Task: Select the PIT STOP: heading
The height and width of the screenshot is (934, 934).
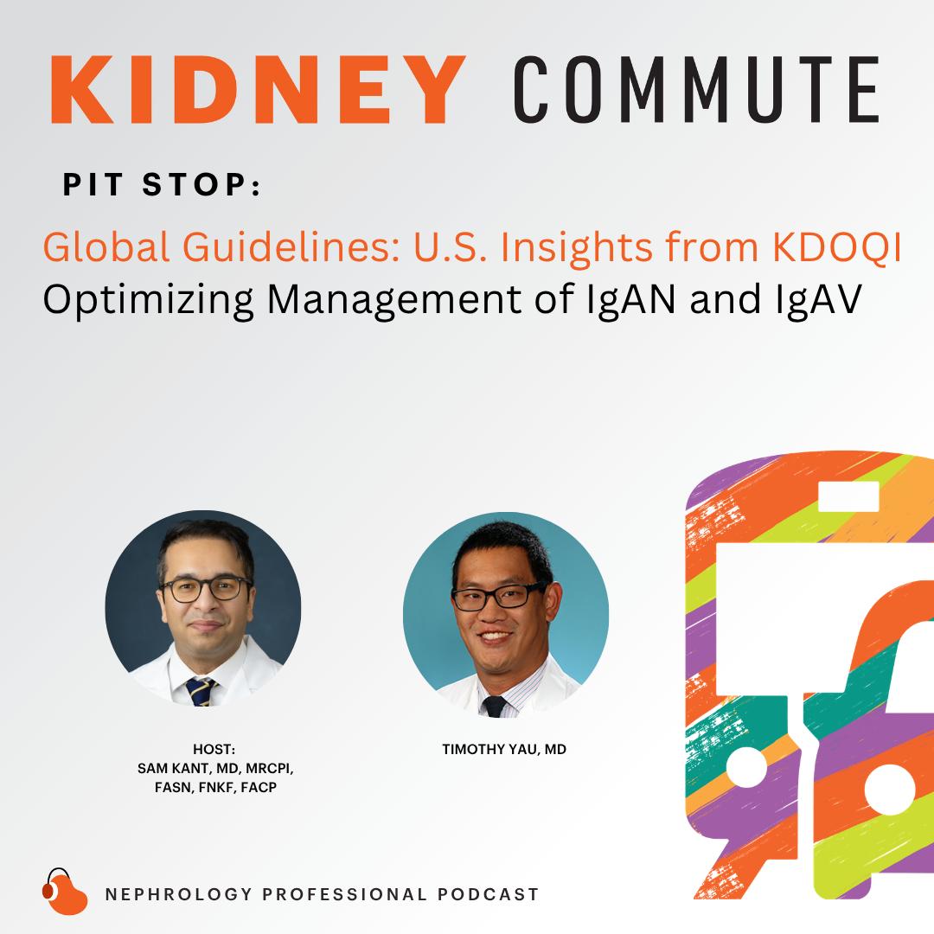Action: coord(162,185)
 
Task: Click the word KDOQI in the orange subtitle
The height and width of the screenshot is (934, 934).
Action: coord(836,246)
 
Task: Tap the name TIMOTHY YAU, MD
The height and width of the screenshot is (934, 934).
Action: coord(504,749)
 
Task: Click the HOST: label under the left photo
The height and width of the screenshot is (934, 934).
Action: coord(214,749)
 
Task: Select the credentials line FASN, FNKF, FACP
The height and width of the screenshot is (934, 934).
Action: coord(215,788)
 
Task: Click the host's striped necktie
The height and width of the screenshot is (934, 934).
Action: coord(200,692)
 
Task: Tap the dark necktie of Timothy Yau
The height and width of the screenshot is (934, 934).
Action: coord(495,706)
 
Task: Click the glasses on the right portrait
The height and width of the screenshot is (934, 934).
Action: coord(499,596)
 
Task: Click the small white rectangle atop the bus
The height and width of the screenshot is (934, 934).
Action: coord(849,496)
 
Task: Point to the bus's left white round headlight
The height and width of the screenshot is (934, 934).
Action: coord(747,766)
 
